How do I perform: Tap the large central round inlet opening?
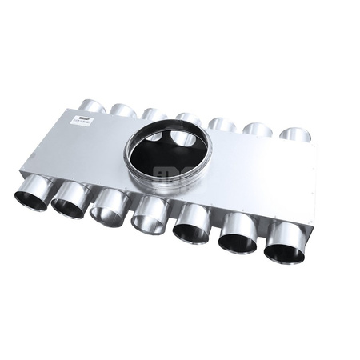click(x=166, y=153)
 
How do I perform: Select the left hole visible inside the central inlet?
click(x=152, y=137)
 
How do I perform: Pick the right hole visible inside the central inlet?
click(x=183, y=138)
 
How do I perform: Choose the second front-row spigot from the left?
click(x=70, y=202)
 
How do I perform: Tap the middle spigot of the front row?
click(x=149, y=217)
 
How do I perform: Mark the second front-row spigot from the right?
click(x=238, y=234)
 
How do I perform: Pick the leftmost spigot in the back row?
click(x=92, y=106)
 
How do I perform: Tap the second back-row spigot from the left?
click(x=122, y=110)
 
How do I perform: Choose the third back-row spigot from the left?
click(x=154, y=114)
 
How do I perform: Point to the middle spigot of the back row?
click(x=189, y=119)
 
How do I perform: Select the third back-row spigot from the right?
click(x=222, y=124)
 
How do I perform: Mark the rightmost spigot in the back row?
click(x=294, y=134)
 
